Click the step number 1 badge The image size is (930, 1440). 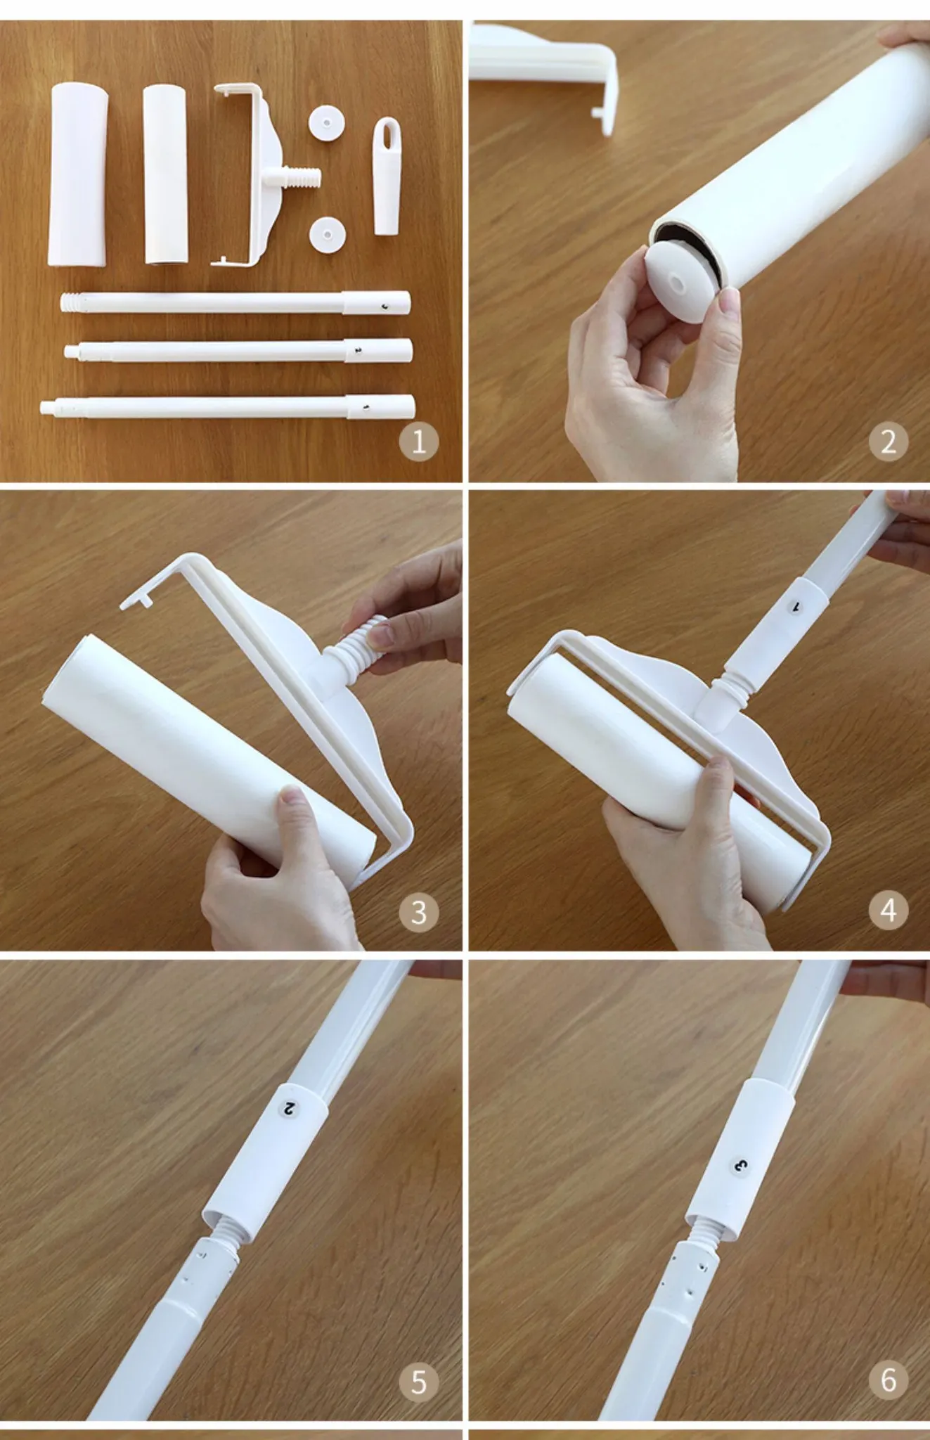coord(419,442)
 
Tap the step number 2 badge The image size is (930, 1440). coord(889,442)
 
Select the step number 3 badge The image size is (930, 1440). coord(419,912)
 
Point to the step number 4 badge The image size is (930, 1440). coord(889,910)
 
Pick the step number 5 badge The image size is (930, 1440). coord(419,1382)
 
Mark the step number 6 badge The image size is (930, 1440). coord(889,1380)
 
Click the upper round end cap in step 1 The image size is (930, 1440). coord(326,124)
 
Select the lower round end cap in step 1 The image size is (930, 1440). coord(326,234)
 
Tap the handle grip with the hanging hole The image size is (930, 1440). coord(387,176)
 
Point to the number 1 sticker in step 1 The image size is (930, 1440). coord(366,407)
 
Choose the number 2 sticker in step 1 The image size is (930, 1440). coord(358,349)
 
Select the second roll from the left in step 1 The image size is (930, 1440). coord(166,174)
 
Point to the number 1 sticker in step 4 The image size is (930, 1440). coord(796,605)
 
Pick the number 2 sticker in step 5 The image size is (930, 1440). coord(289,1109)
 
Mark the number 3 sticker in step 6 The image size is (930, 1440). coord(740,1166)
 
